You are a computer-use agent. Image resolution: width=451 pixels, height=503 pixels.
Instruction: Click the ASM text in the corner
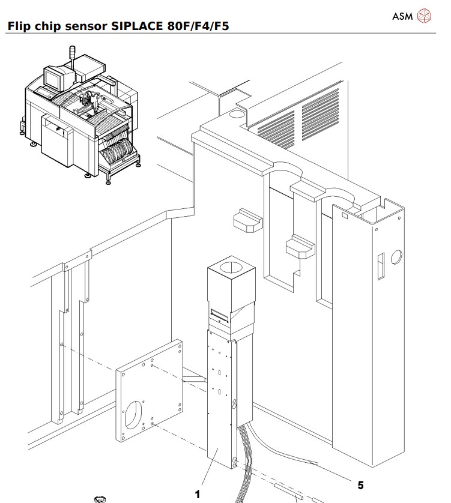(x=404, y=16)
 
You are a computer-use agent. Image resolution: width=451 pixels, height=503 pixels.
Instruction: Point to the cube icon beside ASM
(x=424, y=16)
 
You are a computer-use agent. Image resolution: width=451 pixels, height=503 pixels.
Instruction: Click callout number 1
(x=196, y=495)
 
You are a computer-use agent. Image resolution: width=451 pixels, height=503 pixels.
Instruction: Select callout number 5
(x=360, y=484)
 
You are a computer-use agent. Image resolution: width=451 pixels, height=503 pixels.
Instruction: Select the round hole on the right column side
(x=396, y=258)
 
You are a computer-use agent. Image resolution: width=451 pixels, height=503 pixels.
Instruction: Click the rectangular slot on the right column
(x=380, y=267)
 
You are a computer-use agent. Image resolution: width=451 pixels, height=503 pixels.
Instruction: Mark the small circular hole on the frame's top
(x=237, y=112)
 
